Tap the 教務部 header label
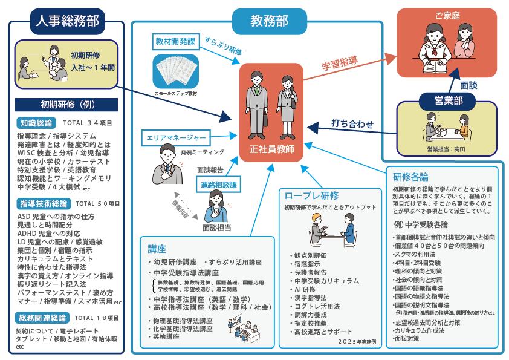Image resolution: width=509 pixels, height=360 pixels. [269, 21]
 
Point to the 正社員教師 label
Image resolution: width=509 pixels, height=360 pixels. [271, 149]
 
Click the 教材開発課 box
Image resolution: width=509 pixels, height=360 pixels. [175, 41]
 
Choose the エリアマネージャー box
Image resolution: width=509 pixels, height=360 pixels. [175, 137]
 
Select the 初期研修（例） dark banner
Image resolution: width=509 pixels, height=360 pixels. [66, 104]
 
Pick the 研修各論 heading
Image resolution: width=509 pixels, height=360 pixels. [411, 177]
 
